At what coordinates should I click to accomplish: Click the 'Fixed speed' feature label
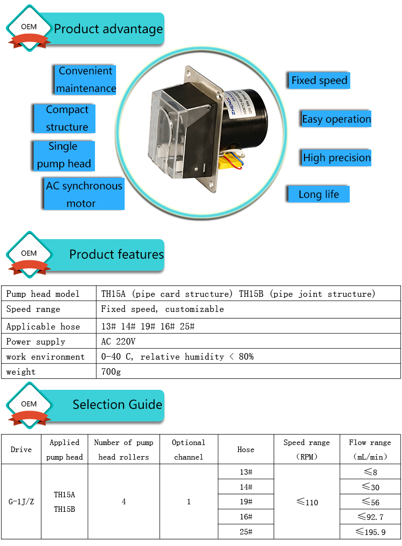coord(319,80)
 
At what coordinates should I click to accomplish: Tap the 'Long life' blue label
coord(319,194)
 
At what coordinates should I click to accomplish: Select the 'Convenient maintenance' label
coord(86,79)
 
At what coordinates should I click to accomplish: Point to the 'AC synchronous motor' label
coord(84,194)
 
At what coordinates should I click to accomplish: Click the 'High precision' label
coord(337,158)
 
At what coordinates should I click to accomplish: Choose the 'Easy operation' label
coord(336,119)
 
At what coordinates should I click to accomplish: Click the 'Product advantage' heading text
coord(109,29)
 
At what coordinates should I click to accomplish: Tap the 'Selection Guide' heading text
coord(117,404)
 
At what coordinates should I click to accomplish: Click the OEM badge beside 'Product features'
coord(29,254)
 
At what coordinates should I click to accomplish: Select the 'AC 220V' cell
coord(119,342)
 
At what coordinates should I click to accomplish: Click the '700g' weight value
coord(111,372)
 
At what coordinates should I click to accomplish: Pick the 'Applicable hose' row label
coord(43,326)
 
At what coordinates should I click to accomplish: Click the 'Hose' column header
coord(246,450)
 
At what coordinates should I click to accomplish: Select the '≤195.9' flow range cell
coord(370,532)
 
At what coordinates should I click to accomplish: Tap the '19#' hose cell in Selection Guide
coord(246,502)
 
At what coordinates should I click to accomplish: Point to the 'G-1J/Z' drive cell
coord(21,502)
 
